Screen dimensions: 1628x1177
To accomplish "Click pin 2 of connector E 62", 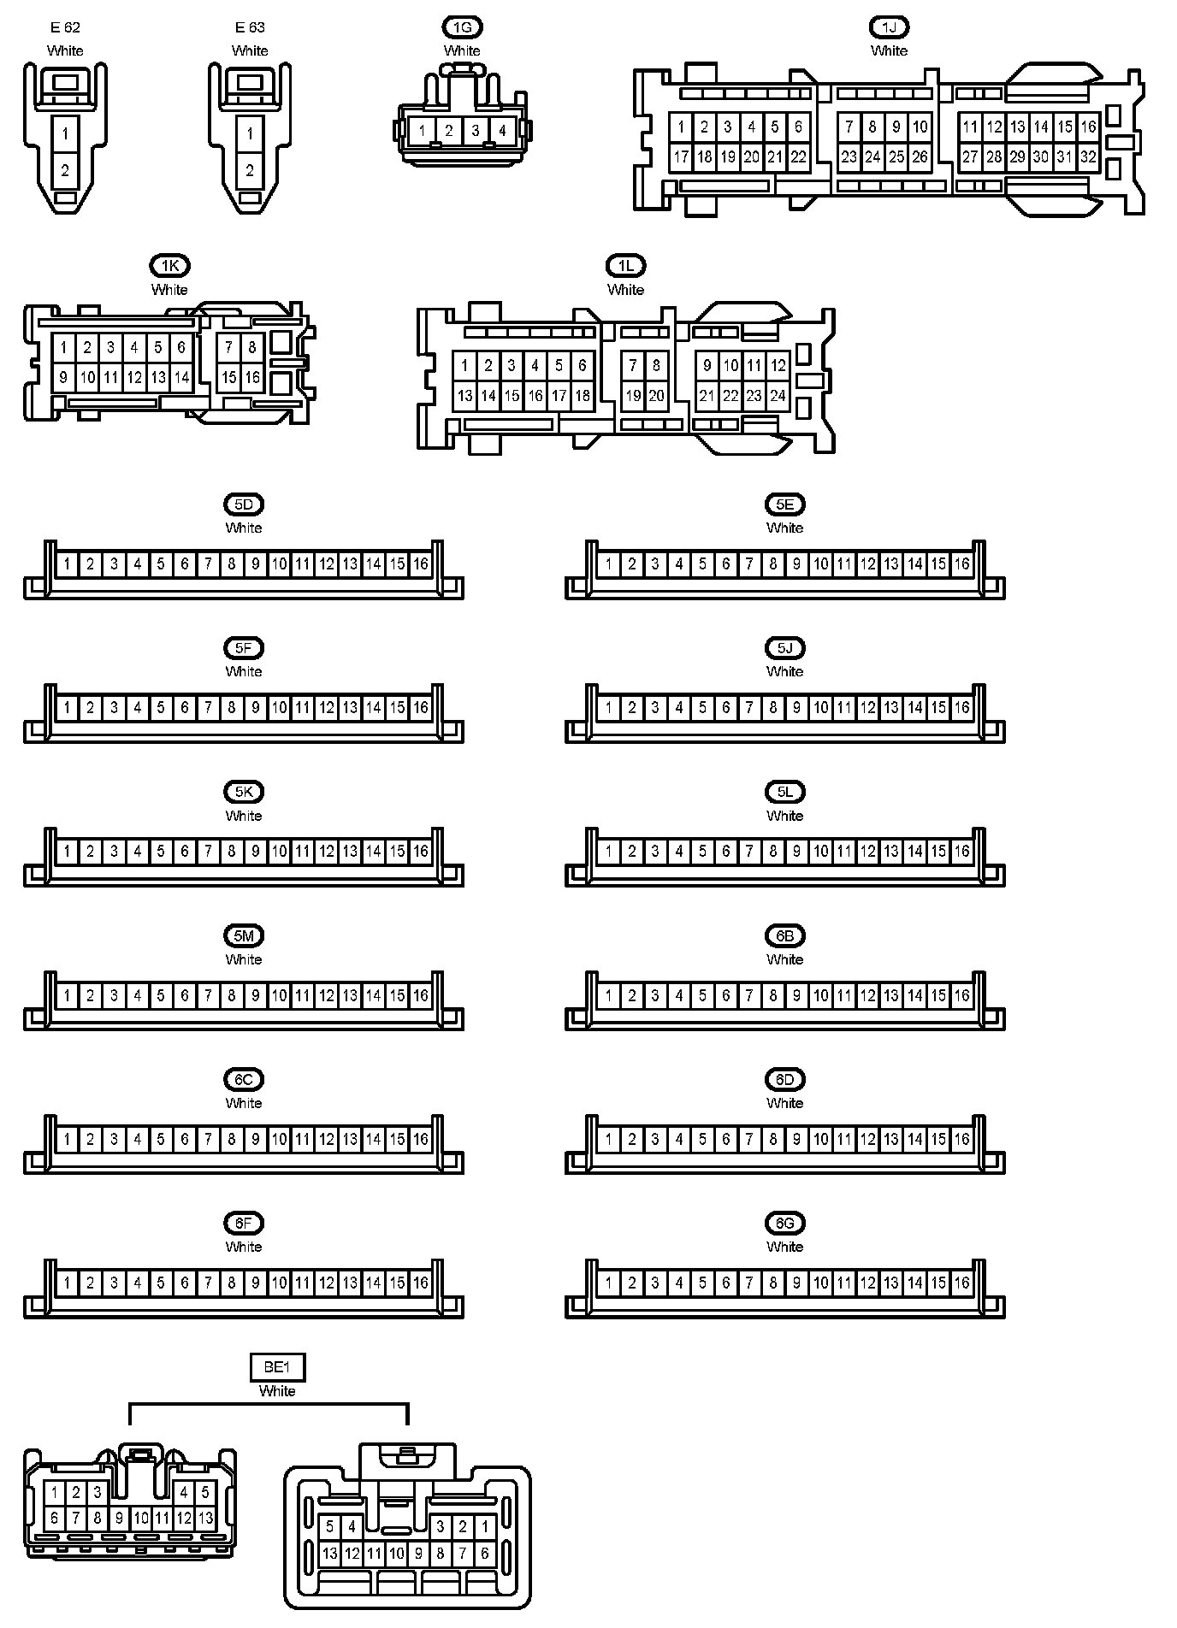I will (x=65, y=171).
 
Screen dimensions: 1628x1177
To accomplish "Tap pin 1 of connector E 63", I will (x=250, y=134).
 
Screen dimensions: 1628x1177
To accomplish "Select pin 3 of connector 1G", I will (x=476, y=132).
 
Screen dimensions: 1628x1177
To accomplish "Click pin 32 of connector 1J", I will (x=1088, y=156).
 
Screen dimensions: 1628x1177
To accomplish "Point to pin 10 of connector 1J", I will (x=920, y=127).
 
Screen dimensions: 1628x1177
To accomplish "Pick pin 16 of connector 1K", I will (x=252, y=377).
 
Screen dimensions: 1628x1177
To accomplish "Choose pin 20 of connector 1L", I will (x=656, y=396).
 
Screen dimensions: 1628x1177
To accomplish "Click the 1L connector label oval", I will (x=625, y=266).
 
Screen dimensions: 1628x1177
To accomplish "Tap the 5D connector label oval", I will (x=244, y=504).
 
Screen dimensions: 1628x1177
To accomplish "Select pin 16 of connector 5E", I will (x=962, y=564).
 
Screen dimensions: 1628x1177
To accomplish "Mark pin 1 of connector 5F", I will (x=67, y=708).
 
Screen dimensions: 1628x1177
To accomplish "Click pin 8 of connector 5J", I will (x=773, y=708).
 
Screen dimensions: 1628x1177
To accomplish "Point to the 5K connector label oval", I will (x=244, y=792).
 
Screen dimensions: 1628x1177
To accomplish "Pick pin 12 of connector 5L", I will (x=868, y=852).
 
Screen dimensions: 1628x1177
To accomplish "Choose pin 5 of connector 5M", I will (x=161, y=995).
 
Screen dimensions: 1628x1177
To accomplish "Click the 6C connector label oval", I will (x=244, y=1079).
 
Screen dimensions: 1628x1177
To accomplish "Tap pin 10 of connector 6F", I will (x=279, y=1283).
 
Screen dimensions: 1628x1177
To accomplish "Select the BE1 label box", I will (x=277, y=1367).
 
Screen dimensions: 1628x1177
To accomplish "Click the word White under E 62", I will (x=65, y=50).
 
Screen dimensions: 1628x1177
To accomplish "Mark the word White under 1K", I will (x=169, y=290).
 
